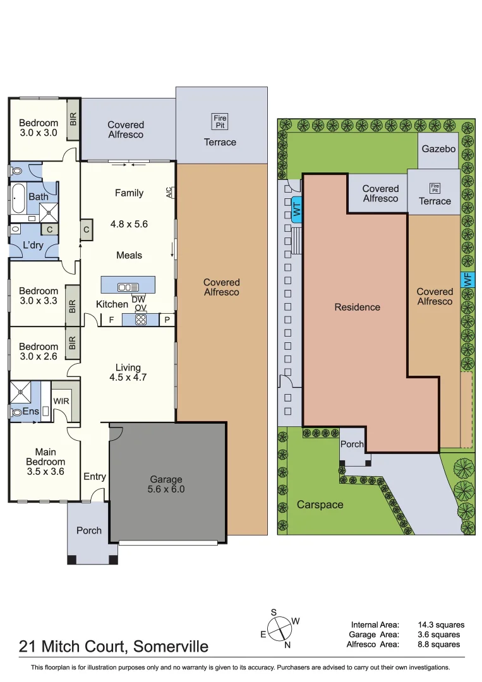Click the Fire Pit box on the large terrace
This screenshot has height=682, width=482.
[220, 121]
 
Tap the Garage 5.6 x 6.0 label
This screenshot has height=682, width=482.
[166, 484]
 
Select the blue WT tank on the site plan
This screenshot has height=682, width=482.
[297, 210]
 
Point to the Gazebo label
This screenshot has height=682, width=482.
[438, 149]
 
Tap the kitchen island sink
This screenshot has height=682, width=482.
[128, 287]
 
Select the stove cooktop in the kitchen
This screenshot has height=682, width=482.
[140, 320]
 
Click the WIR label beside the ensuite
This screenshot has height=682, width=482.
[61, 401]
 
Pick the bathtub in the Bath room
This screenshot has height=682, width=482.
[18, 198]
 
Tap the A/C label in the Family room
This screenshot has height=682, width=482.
[170, 192]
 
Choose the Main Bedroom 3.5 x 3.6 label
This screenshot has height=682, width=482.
[45, 462]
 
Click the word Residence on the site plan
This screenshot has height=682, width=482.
[357, 307]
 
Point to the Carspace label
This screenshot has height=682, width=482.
[320, 505]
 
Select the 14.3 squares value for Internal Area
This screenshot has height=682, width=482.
[441, 625]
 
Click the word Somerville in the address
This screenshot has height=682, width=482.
[171, 647]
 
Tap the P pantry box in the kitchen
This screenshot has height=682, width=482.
[167, 320]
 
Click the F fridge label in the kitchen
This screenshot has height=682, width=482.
[111, 320]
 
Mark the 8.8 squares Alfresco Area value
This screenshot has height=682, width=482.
[438, 644]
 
